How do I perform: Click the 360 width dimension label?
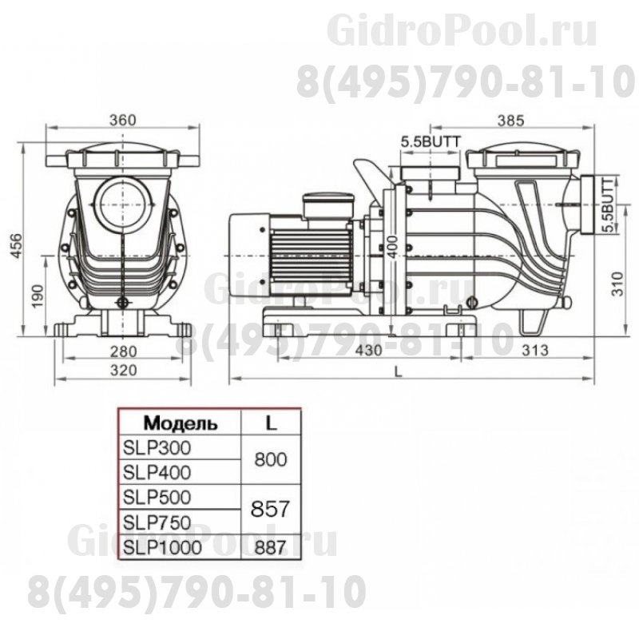pyautogui.click(x=122, y=120)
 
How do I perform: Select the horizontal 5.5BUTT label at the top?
pyautogui.click(x=431, y=141)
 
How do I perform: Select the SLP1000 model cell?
pyautogui.click(x=161, y=547)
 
